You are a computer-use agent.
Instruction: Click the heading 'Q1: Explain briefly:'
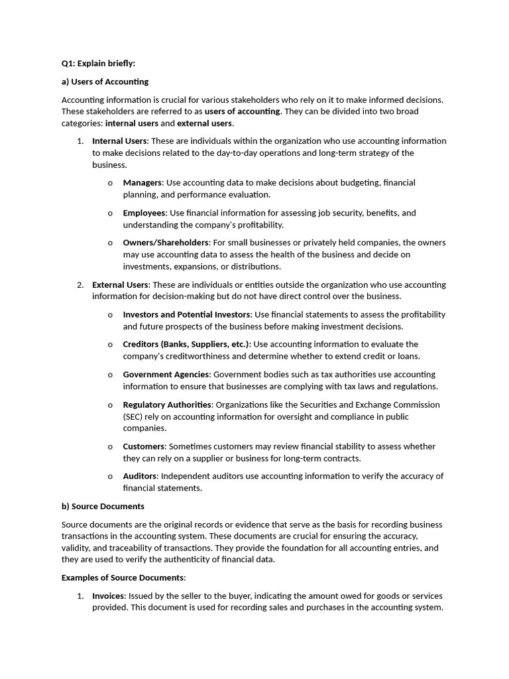click(x=98, y=64)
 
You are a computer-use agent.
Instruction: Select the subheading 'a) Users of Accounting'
click(x=105, y=82)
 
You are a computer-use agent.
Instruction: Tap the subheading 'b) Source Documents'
click(x=103, y=506)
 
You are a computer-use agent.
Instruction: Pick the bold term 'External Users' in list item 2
click(x=120, y=284)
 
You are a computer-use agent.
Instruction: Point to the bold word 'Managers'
click(x=142, y=182)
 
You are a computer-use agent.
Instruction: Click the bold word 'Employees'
click(x=144, y=213)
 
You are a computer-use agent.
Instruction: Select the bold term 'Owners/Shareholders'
click(x=166, y=243)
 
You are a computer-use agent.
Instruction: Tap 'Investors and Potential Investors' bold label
click(x=187, y=314)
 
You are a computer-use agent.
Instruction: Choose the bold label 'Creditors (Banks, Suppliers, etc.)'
click(x=186, y=344)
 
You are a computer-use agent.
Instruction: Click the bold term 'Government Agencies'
click(x=166, y=375)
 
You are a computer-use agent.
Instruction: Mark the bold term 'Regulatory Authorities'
click(x=167, y=404)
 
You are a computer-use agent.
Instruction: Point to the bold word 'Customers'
click(x=144, y=446)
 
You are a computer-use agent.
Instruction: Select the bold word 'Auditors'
click(x=140, y=476)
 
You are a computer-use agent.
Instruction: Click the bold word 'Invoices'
click(x=108, y=596)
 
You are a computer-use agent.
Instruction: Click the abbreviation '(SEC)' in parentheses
click(x=134, y=416)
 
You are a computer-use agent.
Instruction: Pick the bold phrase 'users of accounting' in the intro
click(x=243, y=111)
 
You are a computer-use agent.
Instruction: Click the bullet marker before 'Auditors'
click(x=110, y=477)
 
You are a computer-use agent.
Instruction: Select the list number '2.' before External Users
click(x=80, y=284)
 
